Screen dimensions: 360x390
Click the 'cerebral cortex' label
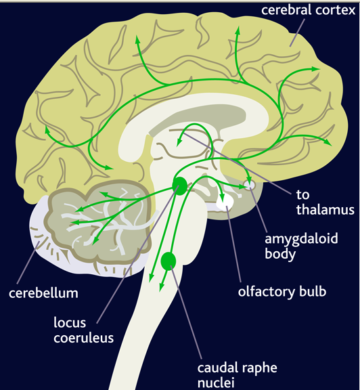(309, 10)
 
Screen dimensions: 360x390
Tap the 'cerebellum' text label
(43, 293)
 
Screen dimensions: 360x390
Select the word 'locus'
(70, 322)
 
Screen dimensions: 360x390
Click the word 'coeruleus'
(83, 338)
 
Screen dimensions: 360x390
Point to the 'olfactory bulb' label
(282, 292)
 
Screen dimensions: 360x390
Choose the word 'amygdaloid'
(301, 239)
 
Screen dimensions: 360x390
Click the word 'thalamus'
(325, 209)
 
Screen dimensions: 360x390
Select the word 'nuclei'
(216, 383)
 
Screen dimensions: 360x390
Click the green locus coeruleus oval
(180, 186)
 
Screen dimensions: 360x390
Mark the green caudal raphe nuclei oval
(168, 261)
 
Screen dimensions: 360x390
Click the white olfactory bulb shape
(225, 202)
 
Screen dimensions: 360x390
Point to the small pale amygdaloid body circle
(250, 185)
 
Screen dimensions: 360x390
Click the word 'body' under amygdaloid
(280, 254)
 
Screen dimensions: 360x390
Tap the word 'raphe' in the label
(256, 368)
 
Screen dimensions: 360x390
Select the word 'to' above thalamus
(302, 194)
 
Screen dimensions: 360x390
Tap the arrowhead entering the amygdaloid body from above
(249, 179)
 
